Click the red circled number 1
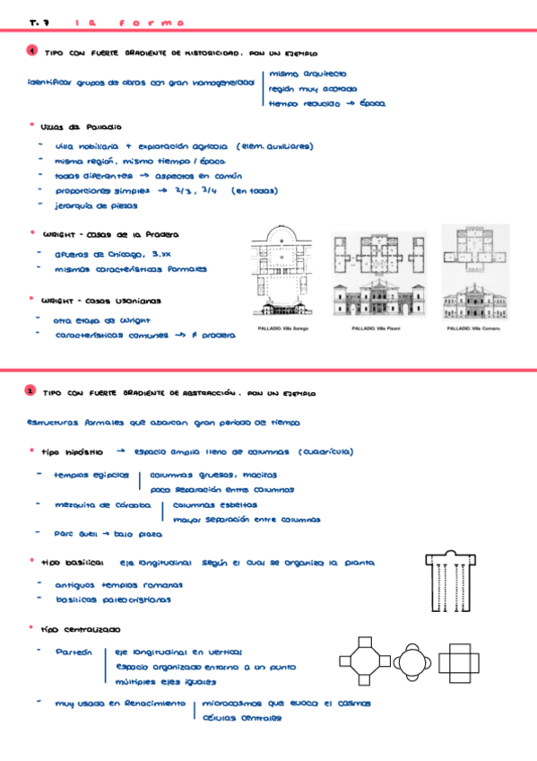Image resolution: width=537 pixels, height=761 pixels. pos(31,53)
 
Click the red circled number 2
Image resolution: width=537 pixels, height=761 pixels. pos(31,391)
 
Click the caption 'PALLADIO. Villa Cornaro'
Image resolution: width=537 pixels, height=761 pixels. pos(473,328)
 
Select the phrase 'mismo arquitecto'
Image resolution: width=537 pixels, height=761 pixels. pos(307,74)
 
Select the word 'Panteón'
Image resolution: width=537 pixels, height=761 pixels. pos(74,652)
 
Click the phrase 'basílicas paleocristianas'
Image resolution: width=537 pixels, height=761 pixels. pos(113,599)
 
